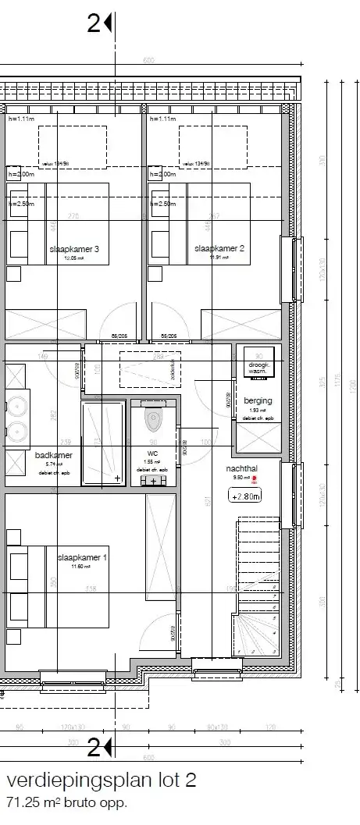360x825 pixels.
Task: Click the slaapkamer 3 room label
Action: tap(73, 249)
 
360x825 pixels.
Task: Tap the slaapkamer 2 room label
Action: tap(219, 248)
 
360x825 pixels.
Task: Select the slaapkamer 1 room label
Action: tap(83, 558)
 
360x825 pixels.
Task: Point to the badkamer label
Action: tap(53, 455)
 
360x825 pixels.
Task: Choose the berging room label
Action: tap(258, 400)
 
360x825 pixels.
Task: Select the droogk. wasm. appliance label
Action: tap(258, 368)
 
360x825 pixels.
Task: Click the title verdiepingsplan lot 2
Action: tap(102, 781)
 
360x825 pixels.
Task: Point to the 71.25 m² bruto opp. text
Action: tap(66, 802)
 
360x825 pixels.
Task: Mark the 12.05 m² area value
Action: tap(73, 258)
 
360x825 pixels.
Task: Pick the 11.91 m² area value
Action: tap(219, 258)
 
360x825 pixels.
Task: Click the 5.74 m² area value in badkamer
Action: tap(53, 464)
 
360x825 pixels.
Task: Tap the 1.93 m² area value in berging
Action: tap(258, 410)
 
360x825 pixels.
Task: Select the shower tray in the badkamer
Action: tap(103, 443)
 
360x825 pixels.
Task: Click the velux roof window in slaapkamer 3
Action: tap(72, 146)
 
